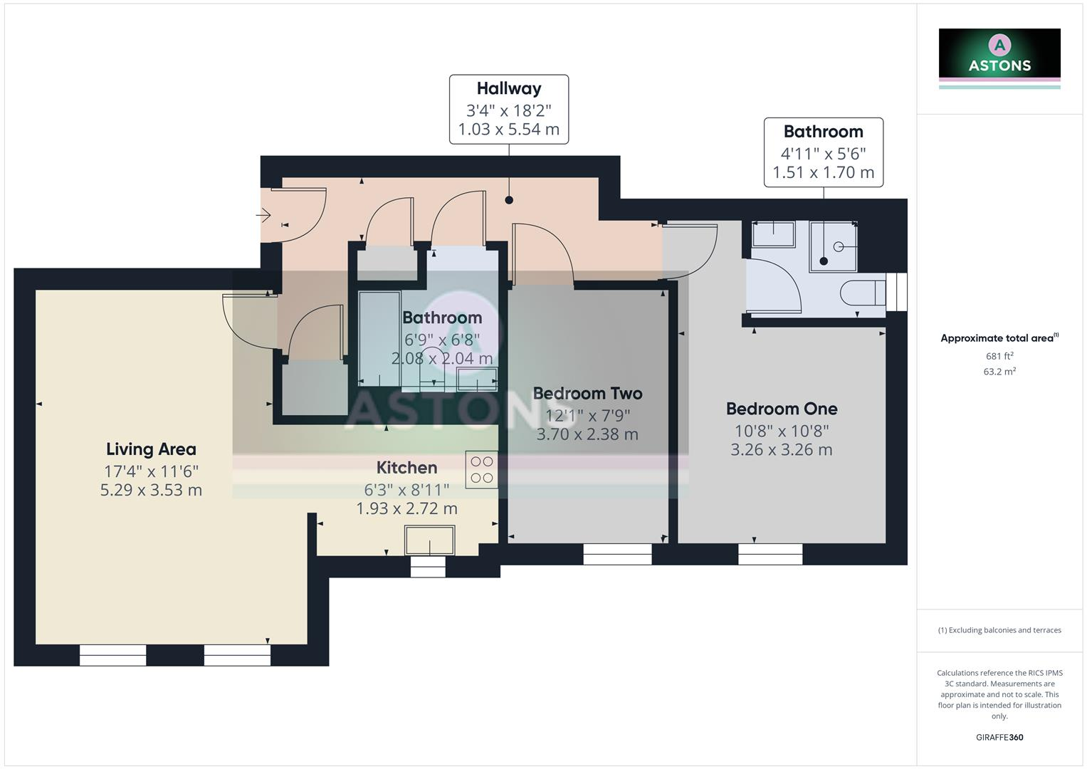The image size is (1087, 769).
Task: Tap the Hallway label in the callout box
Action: click(x=508, y=89)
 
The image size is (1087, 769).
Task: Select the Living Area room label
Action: click(x=151, y=449)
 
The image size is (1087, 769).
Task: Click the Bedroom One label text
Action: click(x=781, y=409)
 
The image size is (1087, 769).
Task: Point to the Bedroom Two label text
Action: click(x=587, y=393)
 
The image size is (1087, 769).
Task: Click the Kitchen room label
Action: click(x=406, y=468)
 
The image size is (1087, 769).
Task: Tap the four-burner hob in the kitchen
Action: click(x=481, y=470)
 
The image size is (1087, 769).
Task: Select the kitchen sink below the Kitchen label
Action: click(x=429, y=540)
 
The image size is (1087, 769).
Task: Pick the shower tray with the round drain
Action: click(x=833, y=246)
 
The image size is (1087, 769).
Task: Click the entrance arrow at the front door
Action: click(x=263, y=214)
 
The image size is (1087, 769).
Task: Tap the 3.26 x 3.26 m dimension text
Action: click(x=781, y=450)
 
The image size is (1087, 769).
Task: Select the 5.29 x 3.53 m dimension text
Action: click(x=151, y=491)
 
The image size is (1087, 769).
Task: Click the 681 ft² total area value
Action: click(x=999, y=356)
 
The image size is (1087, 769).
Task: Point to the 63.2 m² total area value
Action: click(x=999, y=372)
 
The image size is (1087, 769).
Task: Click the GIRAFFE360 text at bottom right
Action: click(x=999, y=738)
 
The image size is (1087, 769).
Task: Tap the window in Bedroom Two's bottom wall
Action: click(x=617, y=554)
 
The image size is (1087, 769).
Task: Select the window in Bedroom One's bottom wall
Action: click(x=770, y=554)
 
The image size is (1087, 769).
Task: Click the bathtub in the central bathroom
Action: click(x=379, y=338)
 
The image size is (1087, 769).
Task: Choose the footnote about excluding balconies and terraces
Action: click(x=999, y=630)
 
